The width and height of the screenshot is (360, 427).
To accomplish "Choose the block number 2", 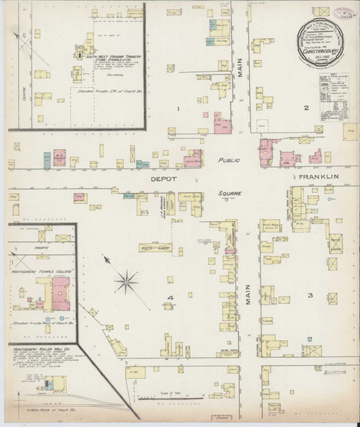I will [305, 108].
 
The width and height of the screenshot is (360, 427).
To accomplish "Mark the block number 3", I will [311, 295].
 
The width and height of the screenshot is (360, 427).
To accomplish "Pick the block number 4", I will [171, 297].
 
